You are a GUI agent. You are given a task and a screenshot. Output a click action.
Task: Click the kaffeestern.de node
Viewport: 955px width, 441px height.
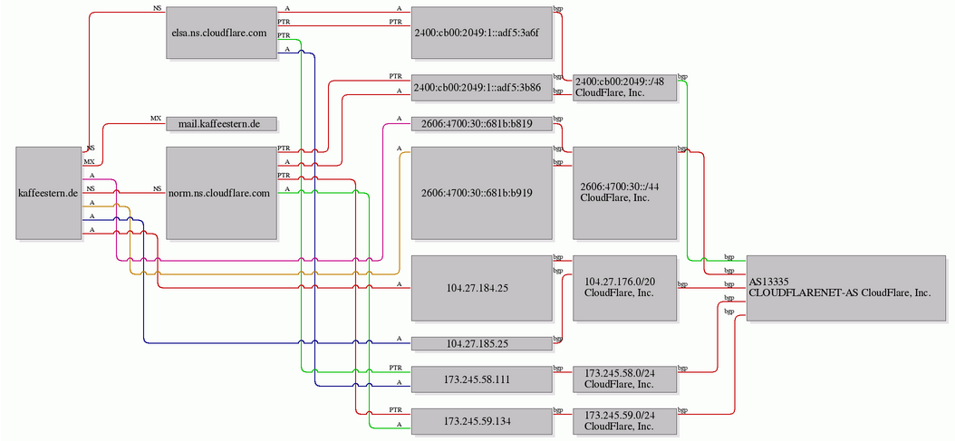[49, 193]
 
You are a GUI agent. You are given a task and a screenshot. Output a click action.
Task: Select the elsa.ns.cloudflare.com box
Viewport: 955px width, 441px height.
[221, 33]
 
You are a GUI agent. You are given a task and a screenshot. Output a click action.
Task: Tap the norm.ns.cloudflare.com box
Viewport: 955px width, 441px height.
[221, 193]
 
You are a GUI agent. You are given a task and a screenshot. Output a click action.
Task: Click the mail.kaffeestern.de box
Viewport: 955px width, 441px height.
[221, 124]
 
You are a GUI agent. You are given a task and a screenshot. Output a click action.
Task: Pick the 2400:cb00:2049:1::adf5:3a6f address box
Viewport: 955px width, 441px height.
[481, 33]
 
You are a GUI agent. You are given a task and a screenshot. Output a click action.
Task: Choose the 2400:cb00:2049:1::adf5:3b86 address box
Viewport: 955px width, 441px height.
[481, 88]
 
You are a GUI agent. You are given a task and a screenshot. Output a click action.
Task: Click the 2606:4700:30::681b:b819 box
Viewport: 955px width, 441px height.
[481, 124]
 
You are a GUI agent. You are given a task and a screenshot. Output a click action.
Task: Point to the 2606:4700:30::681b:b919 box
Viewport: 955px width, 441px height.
[481, 193]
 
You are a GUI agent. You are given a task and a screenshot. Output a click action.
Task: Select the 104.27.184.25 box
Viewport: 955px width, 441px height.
[481, 288]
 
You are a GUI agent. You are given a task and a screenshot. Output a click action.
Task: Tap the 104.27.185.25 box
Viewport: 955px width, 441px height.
[481, 344]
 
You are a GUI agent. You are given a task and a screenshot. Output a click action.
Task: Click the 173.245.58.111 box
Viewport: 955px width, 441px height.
[481, 379]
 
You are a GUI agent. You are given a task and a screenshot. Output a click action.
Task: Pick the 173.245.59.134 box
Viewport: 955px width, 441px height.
[481, 420]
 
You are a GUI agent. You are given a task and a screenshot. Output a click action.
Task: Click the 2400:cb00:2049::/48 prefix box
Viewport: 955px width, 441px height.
[625, 88]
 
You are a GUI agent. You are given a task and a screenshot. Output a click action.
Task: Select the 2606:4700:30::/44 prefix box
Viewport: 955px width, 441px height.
[625, 193]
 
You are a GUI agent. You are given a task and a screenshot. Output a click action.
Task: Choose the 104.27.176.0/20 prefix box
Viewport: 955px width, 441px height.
[625, 288]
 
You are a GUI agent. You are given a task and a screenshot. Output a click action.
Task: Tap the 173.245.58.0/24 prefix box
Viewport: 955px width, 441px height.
[625, 379]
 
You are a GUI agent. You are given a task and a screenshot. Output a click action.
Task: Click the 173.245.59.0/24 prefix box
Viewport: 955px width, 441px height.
[625, 420]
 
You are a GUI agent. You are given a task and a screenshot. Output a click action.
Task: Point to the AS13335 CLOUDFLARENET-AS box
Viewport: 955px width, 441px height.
[846, 288]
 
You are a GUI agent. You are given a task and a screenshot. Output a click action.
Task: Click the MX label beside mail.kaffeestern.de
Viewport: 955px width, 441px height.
[156, 118]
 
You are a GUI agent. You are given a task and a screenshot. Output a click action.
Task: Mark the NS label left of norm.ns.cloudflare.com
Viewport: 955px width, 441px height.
[157, 189]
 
